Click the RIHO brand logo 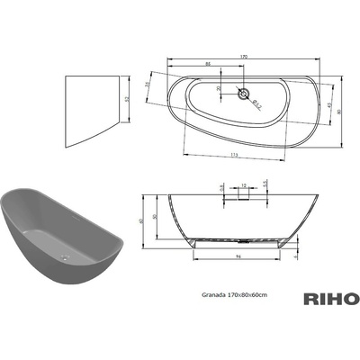pyautogui.click(x=333, y=299)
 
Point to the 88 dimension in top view pyautogui.click(x=209, y=66)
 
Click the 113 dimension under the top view pyautogui.click(x=210, y=154)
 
